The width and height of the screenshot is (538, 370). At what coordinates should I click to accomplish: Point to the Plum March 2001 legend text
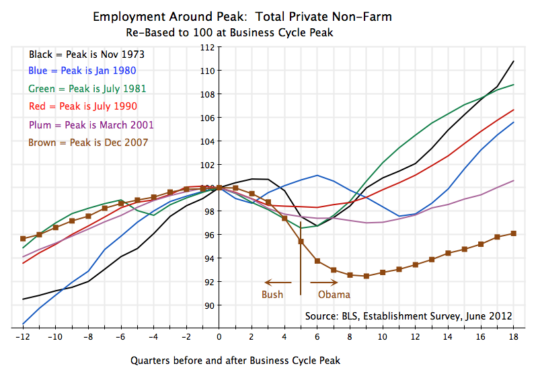coord(91,124)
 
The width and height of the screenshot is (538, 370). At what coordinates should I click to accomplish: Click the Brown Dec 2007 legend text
coord(88,142)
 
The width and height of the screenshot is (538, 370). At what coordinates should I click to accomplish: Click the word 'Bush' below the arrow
coord(272,294)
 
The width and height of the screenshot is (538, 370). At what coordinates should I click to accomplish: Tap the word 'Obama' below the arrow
coord(334,294)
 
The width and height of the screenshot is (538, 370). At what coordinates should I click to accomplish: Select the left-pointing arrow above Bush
coord(277,283)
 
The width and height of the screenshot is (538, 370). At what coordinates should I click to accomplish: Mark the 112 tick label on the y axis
coord(206,47)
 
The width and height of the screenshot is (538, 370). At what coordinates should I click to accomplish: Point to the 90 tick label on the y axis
coord(209,305)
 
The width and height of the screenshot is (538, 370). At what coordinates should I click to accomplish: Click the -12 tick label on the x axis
coord(22,336)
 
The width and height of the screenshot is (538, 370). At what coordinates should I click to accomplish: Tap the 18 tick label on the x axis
coord(513,336)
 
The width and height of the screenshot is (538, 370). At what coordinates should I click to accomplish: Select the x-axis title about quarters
coord(235,360)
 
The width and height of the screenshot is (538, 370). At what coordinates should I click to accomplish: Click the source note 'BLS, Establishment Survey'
coord(408,316)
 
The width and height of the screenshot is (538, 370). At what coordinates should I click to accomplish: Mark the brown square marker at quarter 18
coord(513,233)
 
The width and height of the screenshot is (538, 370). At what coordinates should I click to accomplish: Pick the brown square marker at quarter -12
coord(23,239)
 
